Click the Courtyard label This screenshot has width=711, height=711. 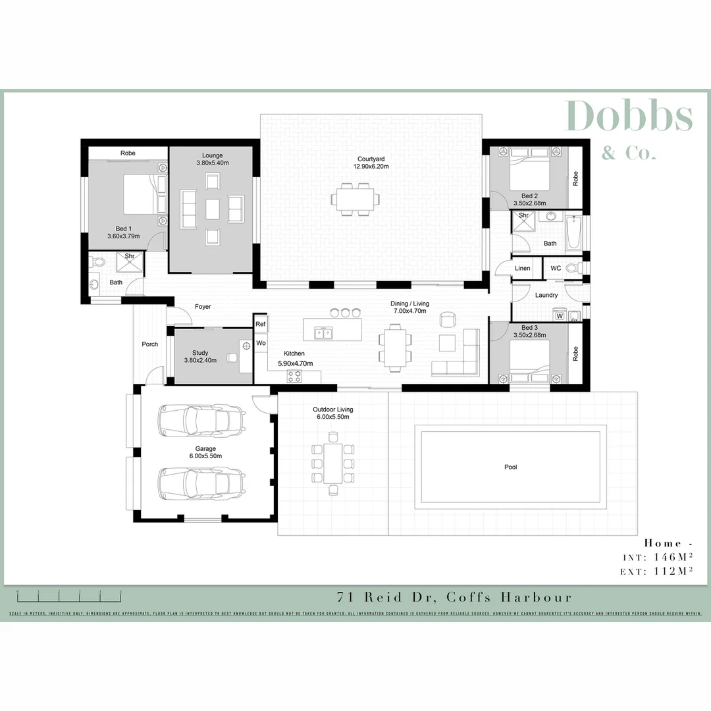[x=371, y=159]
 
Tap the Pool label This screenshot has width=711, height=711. [x=510, y=467]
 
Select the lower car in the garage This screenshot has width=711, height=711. [x=201, y=483]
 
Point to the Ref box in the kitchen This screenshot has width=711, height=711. [x=261, y=324]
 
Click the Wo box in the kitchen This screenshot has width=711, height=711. [x=261, y=343]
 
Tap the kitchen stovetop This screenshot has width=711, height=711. [x=294, y=377]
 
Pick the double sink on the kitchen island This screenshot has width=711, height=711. [x=323, y=332]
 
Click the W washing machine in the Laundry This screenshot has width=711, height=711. [x=560, y=315]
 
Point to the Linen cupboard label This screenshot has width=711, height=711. [x=523, y=269]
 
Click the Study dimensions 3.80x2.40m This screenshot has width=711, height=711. [x=200, y=361]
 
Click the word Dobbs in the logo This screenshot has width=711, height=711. [x=628, y=117]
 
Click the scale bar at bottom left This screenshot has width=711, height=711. [x=69, y=596]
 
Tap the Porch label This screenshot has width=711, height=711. [x=150, y=344]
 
